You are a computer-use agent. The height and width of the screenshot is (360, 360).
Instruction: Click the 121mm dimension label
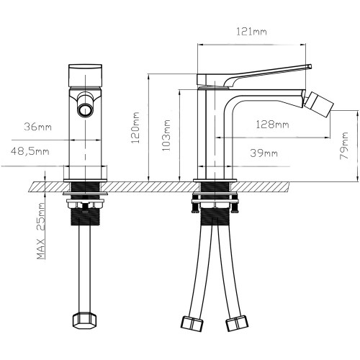(251, 32)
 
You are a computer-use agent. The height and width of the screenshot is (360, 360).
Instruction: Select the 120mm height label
(136, 127)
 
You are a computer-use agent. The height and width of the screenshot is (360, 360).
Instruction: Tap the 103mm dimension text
(166, 135)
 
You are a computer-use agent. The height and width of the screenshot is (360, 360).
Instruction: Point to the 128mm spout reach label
(272, 125)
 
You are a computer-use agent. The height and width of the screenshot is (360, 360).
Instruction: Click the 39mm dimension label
(264, 153)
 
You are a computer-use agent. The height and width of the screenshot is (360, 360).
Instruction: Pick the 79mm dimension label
(344, 145)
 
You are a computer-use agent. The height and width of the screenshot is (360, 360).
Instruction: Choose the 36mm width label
(37, 127)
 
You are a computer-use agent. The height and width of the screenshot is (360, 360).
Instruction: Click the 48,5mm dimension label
(30, 151)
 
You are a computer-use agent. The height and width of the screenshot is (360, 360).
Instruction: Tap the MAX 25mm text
(41, 231)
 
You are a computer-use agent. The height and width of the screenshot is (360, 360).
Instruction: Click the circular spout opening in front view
(85, 110)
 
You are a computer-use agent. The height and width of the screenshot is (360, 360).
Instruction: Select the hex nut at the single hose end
(85, 321)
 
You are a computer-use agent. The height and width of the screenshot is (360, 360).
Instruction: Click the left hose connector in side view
(192, 324)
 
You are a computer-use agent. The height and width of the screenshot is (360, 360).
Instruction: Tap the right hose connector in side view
(237, 323)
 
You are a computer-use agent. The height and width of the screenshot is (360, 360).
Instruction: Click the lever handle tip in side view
(310, 66)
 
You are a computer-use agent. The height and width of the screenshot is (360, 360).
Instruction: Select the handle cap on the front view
(85, 75)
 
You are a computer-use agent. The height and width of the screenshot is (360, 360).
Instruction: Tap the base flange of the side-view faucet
(215, 180)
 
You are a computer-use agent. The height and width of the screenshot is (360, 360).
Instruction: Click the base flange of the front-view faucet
(85, 180)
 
